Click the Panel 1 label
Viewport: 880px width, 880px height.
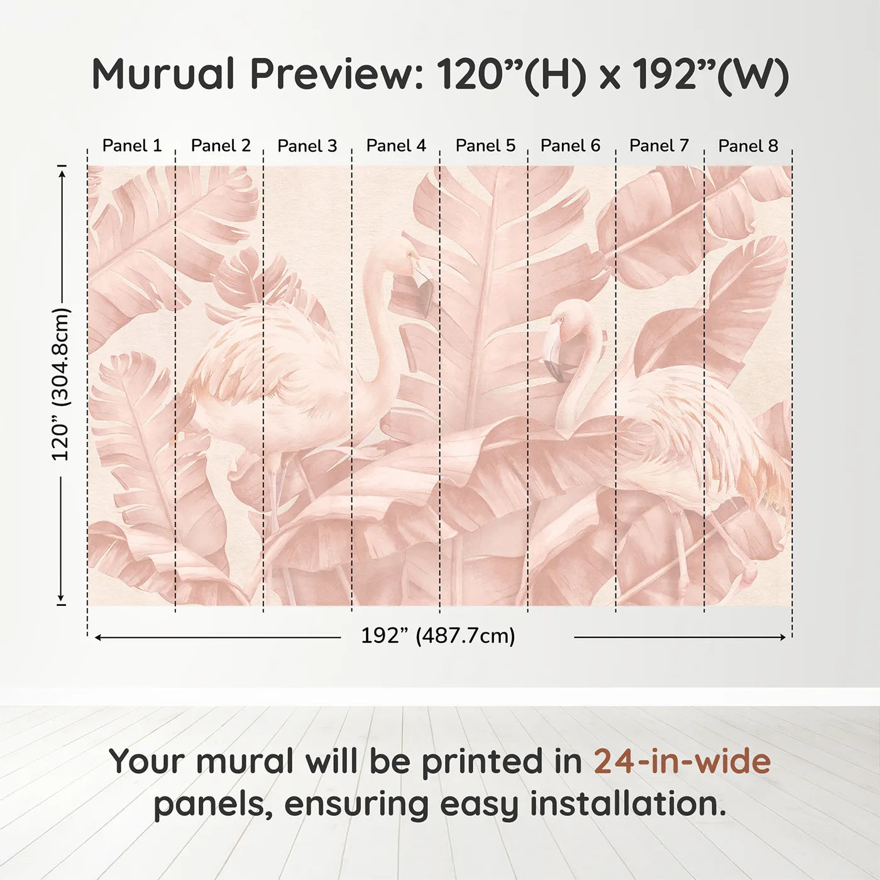click(132, 146)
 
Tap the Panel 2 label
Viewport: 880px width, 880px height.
click(221, 146)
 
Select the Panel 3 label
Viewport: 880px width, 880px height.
click(307, 146)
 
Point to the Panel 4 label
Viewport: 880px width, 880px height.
click(396, 146)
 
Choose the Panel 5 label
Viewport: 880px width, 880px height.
click(485, 146)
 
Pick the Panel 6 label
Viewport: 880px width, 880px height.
click(570, 146)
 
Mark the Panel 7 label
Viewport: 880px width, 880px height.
click(659, 146)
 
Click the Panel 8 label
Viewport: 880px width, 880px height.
click(748, 146)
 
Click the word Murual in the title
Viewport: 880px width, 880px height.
click(163, 74)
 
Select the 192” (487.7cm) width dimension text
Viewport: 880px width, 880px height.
click(437, 636)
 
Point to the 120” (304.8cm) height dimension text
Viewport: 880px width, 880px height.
click(61, 384)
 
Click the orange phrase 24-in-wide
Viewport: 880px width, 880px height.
click(682, 761)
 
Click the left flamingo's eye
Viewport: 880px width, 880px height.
click(410, 255)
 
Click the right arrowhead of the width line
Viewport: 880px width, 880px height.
click(783, 637)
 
